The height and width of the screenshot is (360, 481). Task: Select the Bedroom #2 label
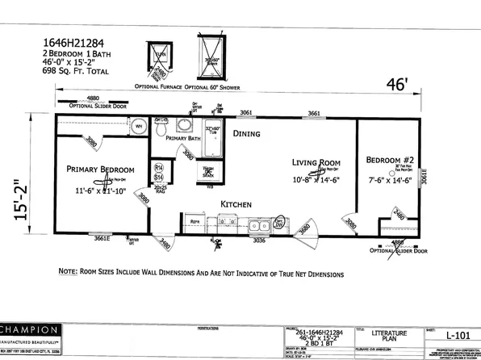pyautogui.click(x=391, y=159)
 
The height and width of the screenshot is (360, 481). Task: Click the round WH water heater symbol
pyautogui.click(x=139, y=126)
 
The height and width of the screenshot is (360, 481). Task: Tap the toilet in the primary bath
pyautogui.click(x=161, y=128)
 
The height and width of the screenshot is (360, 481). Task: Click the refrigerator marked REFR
pyautogui.click(x=195, y=220)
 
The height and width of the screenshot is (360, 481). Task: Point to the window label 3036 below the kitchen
pyautogui.click(x=260, y=241)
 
